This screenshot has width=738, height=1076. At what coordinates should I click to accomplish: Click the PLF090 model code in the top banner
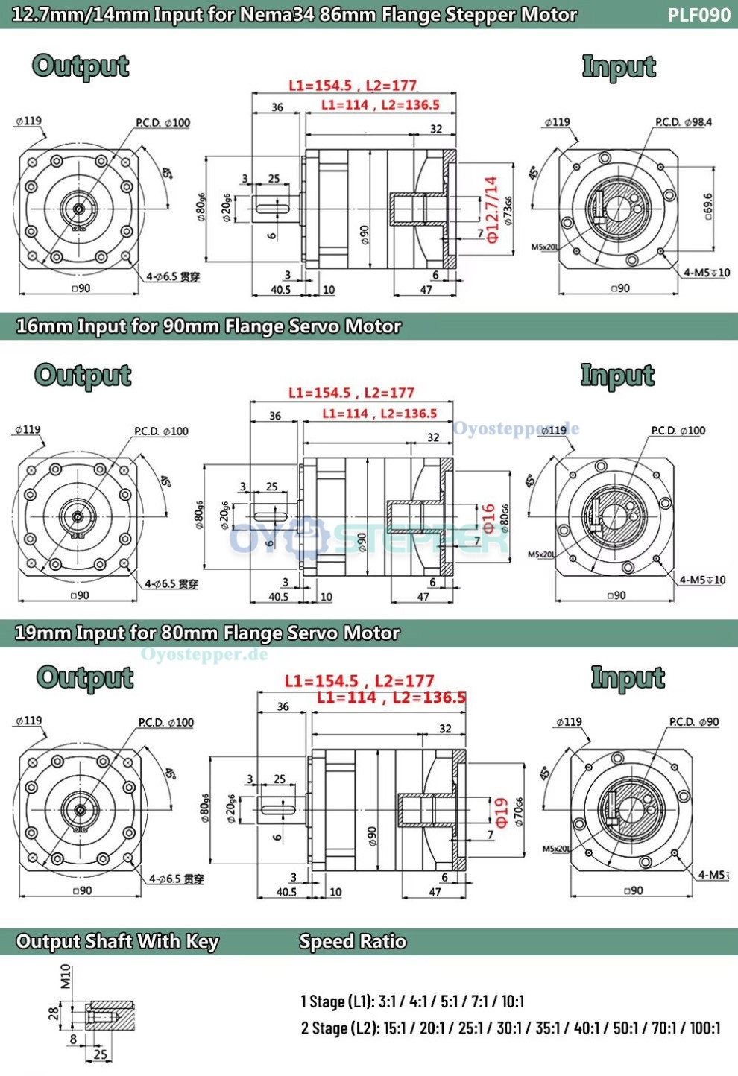[698, 15]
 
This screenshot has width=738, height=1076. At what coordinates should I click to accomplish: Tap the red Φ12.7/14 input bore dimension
[491, 209]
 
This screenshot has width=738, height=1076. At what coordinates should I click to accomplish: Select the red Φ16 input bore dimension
[488, 518]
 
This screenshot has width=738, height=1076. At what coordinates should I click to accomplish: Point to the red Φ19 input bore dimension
[502, 811]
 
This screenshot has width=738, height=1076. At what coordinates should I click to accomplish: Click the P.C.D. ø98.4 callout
[684, 122]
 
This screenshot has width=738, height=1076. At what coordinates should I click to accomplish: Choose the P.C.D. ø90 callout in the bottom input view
[694, 721]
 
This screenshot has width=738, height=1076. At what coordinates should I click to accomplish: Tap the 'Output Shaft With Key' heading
[118, 941]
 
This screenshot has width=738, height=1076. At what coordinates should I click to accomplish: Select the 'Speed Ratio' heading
[353, 941]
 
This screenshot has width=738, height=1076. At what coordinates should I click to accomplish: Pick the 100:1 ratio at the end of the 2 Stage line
[704, 1028]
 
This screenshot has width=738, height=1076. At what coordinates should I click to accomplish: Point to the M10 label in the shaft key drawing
[66, 975]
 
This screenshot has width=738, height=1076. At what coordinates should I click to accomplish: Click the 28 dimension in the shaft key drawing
[54, 1013]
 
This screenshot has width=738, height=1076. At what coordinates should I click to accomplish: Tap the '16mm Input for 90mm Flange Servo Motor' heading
[209, 326]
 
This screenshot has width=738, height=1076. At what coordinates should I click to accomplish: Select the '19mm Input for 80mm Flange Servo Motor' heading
[207, 633]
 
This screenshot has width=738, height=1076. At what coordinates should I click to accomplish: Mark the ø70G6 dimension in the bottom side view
[519, 812]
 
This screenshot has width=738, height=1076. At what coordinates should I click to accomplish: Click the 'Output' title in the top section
[81, 66]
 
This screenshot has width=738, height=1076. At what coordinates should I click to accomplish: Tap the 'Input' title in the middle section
[617, 375]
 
